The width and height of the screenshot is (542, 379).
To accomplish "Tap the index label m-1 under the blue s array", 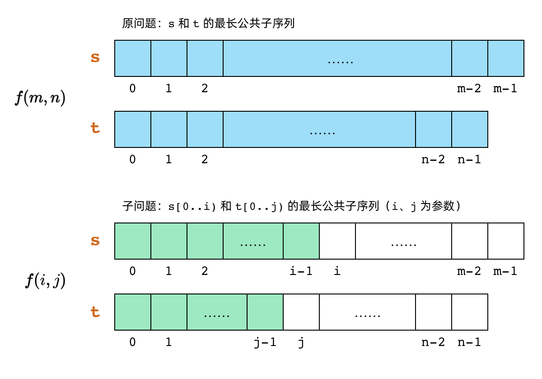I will pos(505,89).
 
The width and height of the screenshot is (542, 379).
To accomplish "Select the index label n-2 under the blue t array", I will pos(433,160).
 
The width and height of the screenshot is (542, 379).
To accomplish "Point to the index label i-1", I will pos(301,271).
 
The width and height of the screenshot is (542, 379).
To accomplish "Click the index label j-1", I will pos(265,342).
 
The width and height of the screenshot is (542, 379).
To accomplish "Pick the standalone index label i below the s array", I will pos(337,271).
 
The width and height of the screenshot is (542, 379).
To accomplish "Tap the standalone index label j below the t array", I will pos(301,342).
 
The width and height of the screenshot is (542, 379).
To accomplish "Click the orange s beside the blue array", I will pos(95,58).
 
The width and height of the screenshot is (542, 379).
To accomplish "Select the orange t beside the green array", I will pos(95,312).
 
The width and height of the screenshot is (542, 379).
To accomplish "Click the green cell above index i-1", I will pos(301,241).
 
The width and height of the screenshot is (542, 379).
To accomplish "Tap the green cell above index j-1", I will pos(265,312).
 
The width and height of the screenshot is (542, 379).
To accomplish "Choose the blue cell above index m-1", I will pos(506,58).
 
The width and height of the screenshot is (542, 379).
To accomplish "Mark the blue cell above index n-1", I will pos(470,129).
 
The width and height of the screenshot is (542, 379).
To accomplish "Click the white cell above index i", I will pos(337,241).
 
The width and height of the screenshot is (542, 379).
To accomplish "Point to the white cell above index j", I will pos(301,312).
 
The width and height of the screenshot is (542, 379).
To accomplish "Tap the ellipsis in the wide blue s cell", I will pos(340,61).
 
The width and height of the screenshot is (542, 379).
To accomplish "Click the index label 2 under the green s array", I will pos(205,271).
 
